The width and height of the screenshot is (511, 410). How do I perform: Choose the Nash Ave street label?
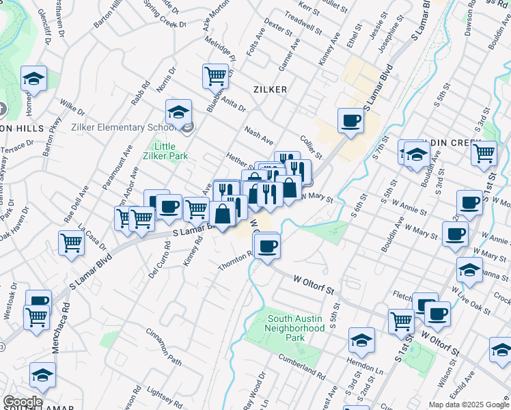pyautogui.click(x=259, y=131)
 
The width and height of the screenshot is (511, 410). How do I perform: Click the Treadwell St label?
pyautogui.click(x=303, y=23)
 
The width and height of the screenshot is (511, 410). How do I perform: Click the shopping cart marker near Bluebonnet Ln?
pyautogui.click(x=215, y=75)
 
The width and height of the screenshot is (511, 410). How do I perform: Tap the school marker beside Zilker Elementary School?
pyautogui.click(x=178, y=112)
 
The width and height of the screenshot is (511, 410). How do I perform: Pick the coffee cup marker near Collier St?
pyautogui.click(x=351, y=121)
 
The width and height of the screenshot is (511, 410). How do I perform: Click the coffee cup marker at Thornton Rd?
pyautogui.click(x=267, y=244)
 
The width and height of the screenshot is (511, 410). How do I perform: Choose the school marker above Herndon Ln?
pyautogui.click(x=361, y=339)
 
